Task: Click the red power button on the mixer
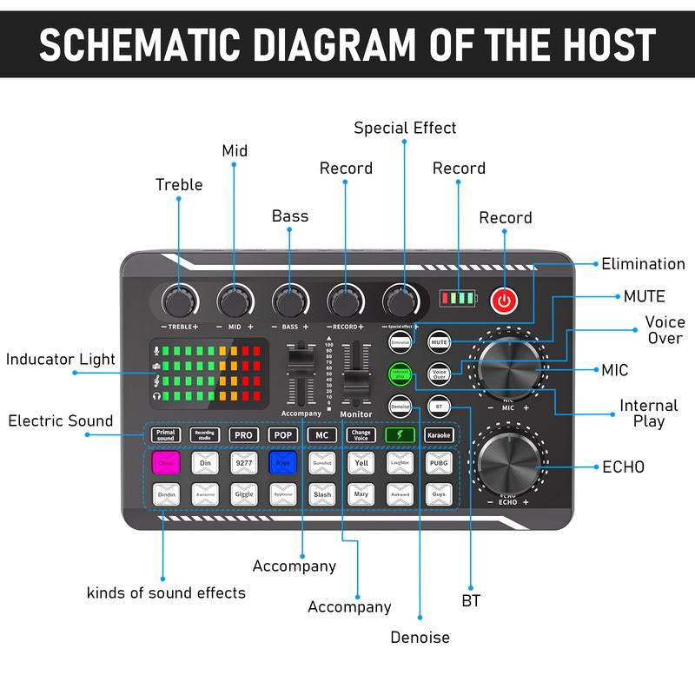[504, 301]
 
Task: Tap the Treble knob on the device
[179, 301]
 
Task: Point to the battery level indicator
[457, 299]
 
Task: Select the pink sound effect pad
[165, 463]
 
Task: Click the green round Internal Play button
[400, 374]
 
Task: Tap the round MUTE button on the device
[440, 342]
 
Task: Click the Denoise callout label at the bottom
[420, 637]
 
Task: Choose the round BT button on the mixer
[440, 405]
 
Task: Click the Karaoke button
[440, 434]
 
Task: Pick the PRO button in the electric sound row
[244, 434]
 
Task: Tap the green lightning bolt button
[400, 434]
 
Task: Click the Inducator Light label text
[61, 360]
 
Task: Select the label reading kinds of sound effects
[166, 592]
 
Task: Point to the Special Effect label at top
[405, 128]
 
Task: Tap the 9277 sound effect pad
[244, 463]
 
